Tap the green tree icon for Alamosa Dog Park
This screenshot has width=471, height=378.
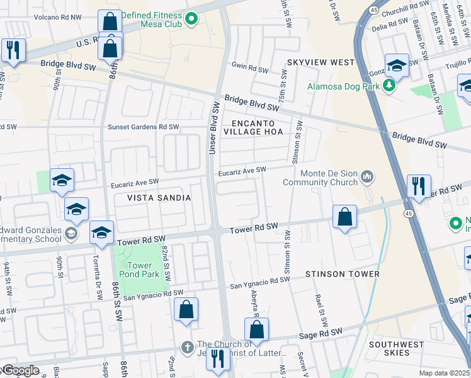click(389, 86)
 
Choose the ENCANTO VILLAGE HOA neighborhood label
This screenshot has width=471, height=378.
click(256, 127)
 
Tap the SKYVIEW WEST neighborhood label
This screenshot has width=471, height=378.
click(321, 62)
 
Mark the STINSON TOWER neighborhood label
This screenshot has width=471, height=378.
click(342, 274)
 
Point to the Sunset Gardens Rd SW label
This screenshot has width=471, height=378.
click(143, 127)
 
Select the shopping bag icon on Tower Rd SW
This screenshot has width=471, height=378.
click(344, 217)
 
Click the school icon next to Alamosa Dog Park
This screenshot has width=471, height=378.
click(397, 65)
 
